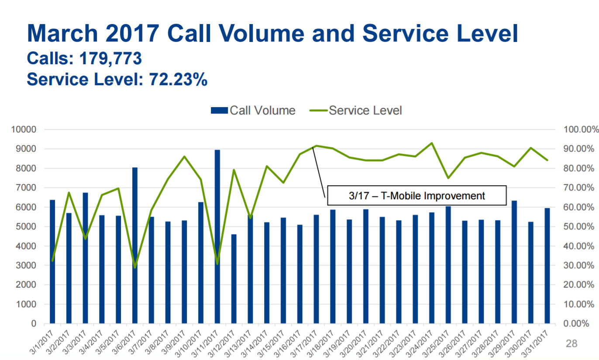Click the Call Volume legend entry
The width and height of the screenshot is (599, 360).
(253, 111)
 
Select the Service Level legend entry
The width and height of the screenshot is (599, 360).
(356, 111)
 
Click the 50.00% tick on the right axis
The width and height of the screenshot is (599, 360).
(578, 227)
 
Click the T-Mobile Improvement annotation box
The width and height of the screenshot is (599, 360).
(417, 195)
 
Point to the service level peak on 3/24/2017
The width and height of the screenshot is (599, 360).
(432, 143)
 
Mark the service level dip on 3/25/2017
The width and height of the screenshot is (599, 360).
(448, 178)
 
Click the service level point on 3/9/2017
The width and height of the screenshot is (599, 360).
(184, 156)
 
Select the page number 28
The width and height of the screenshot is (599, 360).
(571, 343)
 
